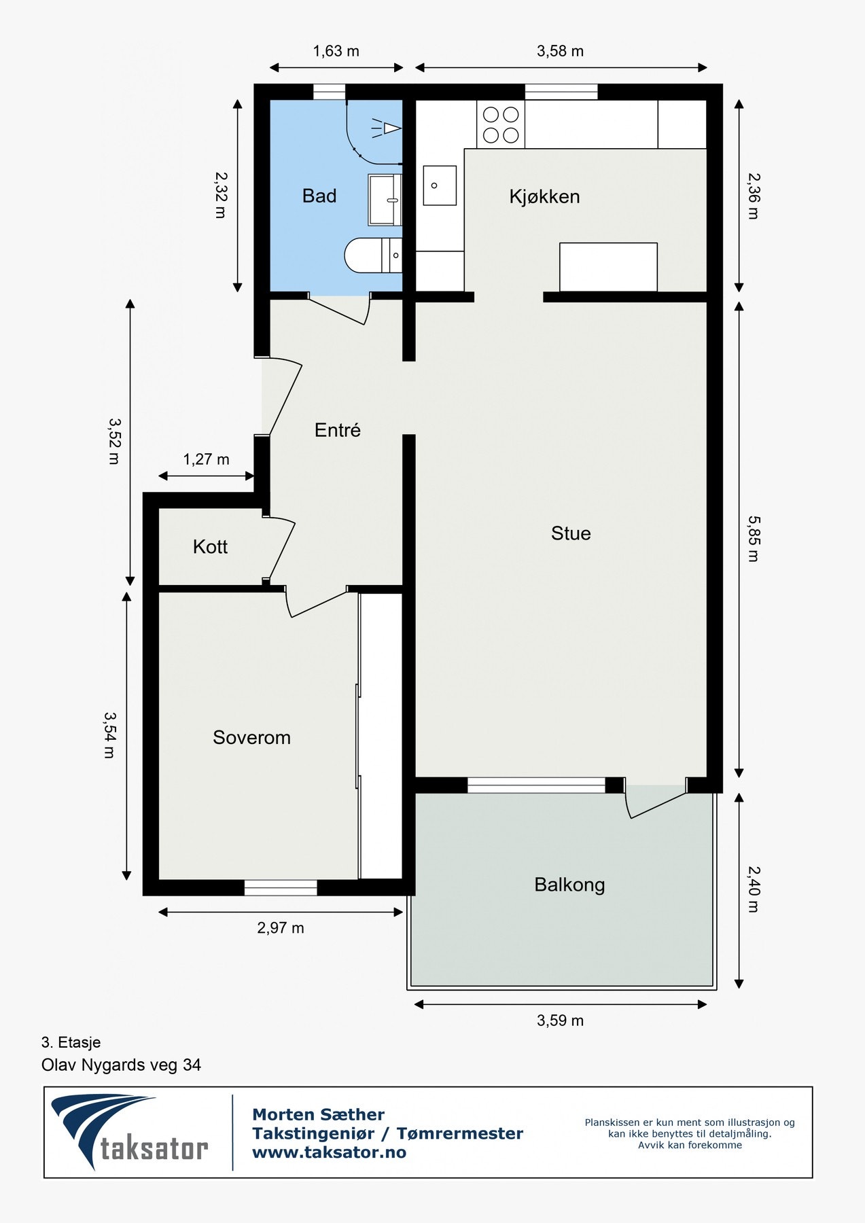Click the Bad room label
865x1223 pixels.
pos(319,196)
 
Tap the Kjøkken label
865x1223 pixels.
pos(544,197)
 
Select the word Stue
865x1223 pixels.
pos(571,533)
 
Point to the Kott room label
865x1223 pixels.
pos(210,547)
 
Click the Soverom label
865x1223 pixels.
pos(251,738)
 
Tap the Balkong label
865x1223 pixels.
pos(569,885)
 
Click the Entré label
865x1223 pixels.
pos(337,430)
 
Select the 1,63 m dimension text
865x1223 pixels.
pos(336,52)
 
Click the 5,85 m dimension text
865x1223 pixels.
pos(754,539)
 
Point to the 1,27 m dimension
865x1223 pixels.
pos(206,460)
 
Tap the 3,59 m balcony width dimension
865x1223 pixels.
pos(560,1021)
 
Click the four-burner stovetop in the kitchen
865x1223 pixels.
pos(501,124)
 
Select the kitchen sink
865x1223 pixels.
pos(440,185)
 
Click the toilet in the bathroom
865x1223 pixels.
pos(372,255)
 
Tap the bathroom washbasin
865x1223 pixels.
pos(385,199)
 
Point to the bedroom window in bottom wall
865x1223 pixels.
pos(281,887)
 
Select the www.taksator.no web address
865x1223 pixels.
pos(329,1152)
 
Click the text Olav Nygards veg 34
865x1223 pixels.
pos(121,1065)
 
